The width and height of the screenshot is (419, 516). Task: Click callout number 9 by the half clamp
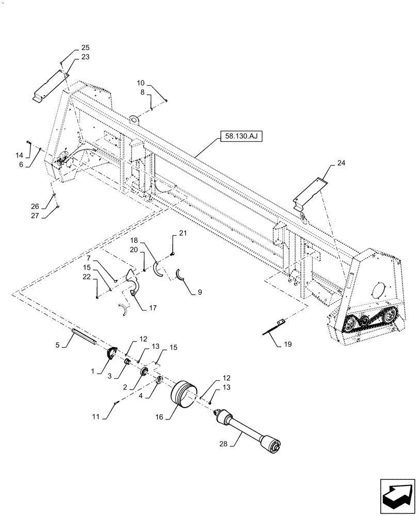point(199,292)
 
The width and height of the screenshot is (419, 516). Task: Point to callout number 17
point(153,308)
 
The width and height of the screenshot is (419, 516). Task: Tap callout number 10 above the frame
point(140,83)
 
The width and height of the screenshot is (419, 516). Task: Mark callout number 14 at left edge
point(19,155)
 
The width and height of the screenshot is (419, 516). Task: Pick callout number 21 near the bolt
point(183,234)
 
